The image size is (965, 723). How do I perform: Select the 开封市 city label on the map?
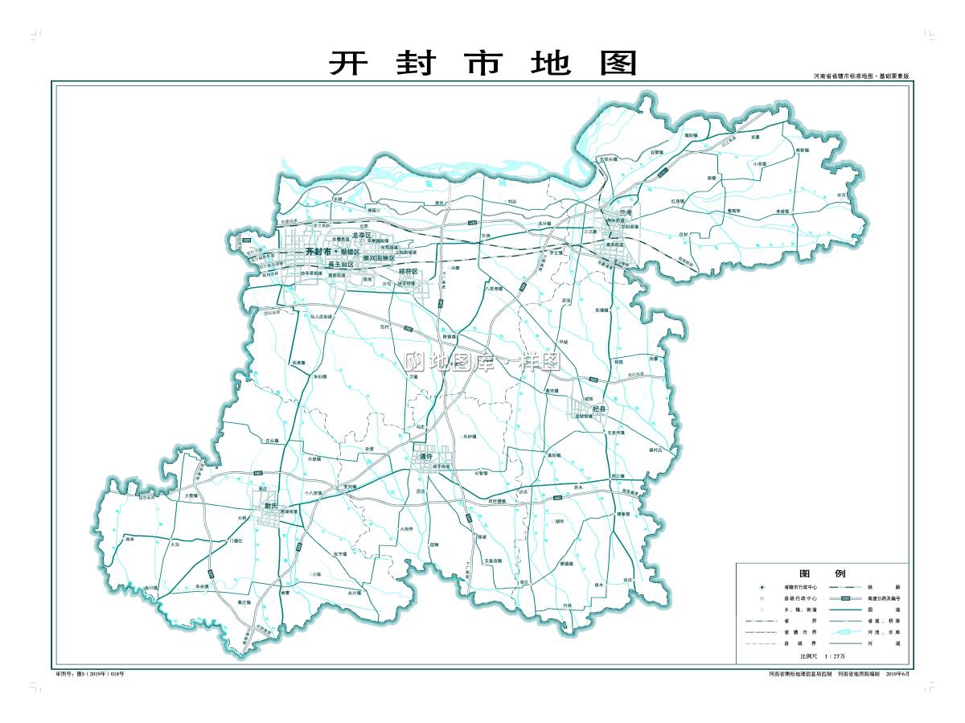pyautogui.click(x=319, y=252)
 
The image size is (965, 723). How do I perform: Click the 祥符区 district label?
pyautogui.click(x=409, y=271)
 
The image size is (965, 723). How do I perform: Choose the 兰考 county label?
pyautogui.click(x=615, y=212)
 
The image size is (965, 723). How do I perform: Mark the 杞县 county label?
pyautogui.click(x=597, y=409)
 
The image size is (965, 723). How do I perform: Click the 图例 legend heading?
pyautogui.click(x=822, y=573)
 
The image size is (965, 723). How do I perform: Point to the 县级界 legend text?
pyautogui.click(x=792, y=644)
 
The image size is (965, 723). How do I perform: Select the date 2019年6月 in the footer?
pyautogui.click(x=897, y=673)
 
